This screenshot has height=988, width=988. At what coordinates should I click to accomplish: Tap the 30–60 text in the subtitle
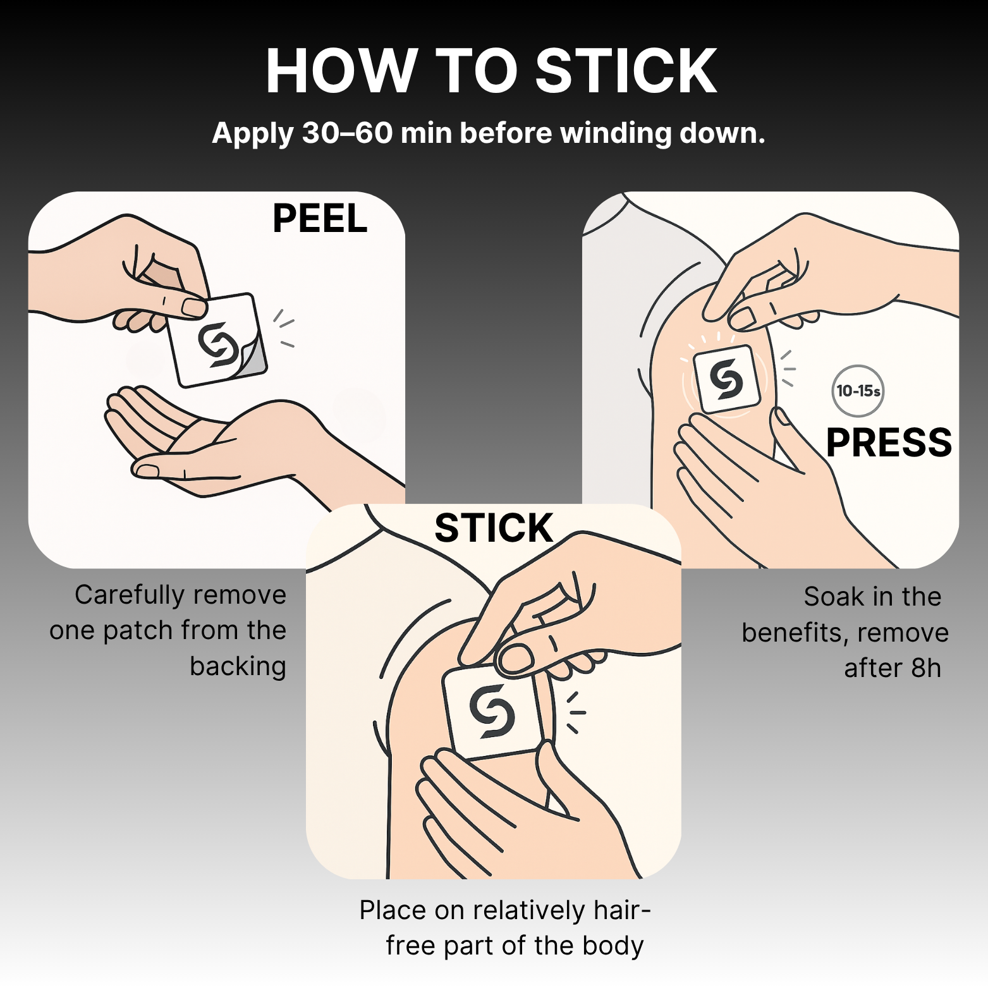coord(347,133)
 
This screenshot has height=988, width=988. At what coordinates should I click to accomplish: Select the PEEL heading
coord(320,219)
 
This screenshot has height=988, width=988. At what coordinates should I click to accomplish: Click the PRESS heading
coord(888,442)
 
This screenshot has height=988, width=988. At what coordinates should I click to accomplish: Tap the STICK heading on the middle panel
coord(494,528)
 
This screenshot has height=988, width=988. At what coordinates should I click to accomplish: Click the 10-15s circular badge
coord(857,391)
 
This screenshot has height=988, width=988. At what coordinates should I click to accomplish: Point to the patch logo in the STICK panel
coord(492,711)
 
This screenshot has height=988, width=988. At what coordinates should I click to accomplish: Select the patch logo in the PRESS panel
coord(726,379)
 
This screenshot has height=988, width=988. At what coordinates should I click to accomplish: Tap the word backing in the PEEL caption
coord(238,666)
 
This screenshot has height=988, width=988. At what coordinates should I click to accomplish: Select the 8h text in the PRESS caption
coord(926,668)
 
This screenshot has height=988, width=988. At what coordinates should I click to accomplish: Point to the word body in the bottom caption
coord(613,946)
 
